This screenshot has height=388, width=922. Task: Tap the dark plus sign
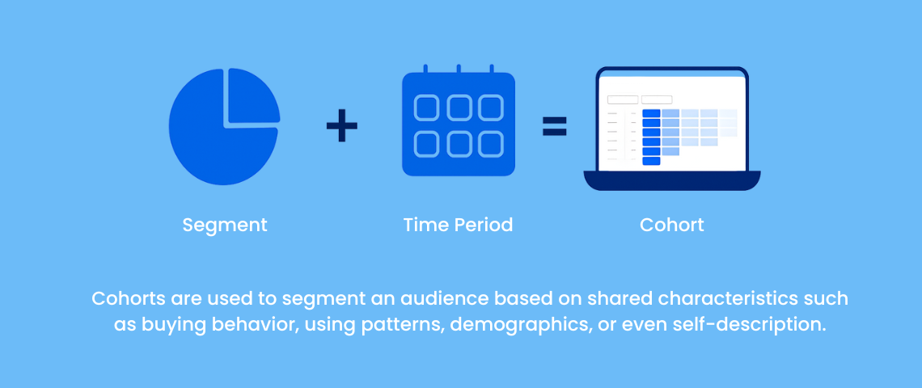tap(341, 126)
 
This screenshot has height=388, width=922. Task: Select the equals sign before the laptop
tap(555, 126)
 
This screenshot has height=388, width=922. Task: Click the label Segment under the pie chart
tap(225, 226)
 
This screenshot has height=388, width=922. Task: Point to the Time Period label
tap(458, 226)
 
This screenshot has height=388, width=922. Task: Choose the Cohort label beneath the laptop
tap(672, 226)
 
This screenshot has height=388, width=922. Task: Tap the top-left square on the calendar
tap(426, 108)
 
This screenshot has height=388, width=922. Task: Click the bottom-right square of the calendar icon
tap(490, 144)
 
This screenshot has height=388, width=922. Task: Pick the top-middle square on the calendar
tap(459, 108)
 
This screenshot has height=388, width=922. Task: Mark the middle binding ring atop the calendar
tap(459, 69)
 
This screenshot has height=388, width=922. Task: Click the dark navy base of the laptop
tap(672, 180)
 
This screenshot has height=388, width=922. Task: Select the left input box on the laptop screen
tap(623, 100)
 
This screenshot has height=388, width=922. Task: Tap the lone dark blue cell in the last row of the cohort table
tap(652, 161)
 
